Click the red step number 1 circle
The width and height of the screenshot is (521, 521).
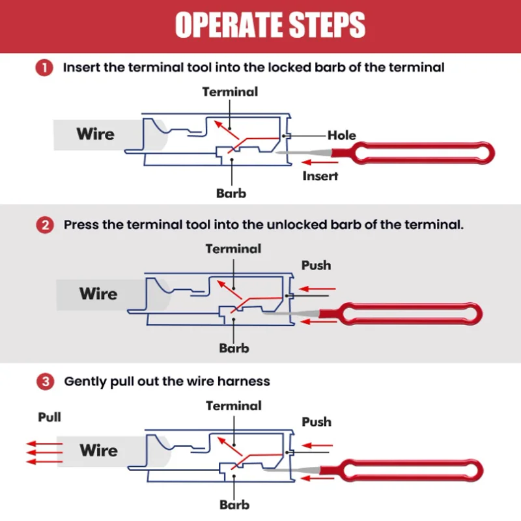[44, 68]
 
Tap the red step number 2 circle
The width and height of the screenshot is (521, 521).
[45, 225]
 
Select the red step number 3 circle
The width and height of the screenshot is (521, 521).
[45, 382]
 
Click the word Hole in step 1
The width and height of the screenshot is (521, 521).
[341, 135]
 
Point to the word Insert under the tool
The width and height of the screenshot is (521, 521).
[320, 176]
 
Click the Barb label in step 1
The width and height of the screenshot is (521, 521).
[231, 193]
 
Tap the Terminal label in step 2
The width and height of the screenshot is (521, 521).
[233, 249]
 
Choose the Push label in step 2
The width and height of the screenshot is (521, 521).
[316, 265]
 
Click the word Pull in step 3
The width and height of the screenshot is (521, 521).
[49, 417]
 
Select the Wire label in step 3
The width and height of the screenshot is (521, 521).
[99, 450]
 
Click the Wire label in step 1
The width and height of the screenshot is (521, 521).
[95, 134]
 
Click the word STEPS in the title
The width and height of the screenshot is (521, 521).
[327, 25]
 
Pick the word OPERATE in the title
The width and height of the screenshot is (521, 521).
[229, 25]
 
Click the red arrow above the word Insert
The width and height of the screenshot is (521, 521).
[320, 162]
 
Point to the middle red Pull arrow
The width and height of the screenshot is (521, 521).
[44, 453]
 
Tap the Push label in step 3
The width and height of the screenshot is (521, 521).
[317, 421]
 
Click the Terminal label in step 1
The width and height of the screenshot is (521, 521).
[230, 92]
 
